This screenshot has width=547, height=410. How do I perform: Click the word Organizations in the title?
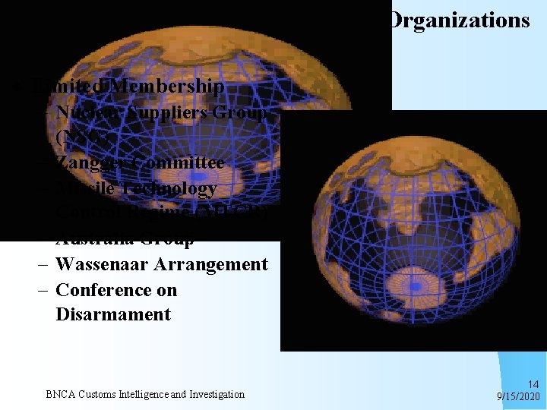[x=458, y=20]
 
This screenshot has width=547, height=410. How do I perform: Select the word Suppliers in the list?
[x=157, y=113]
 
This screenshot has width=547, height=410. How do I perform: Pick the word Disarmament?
[x=113, y=315]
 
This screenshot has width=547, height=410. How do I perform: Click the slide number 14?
[x=533, y=384]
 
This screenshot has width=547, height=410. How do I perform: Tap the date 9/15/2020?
[x=518, y=396]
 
